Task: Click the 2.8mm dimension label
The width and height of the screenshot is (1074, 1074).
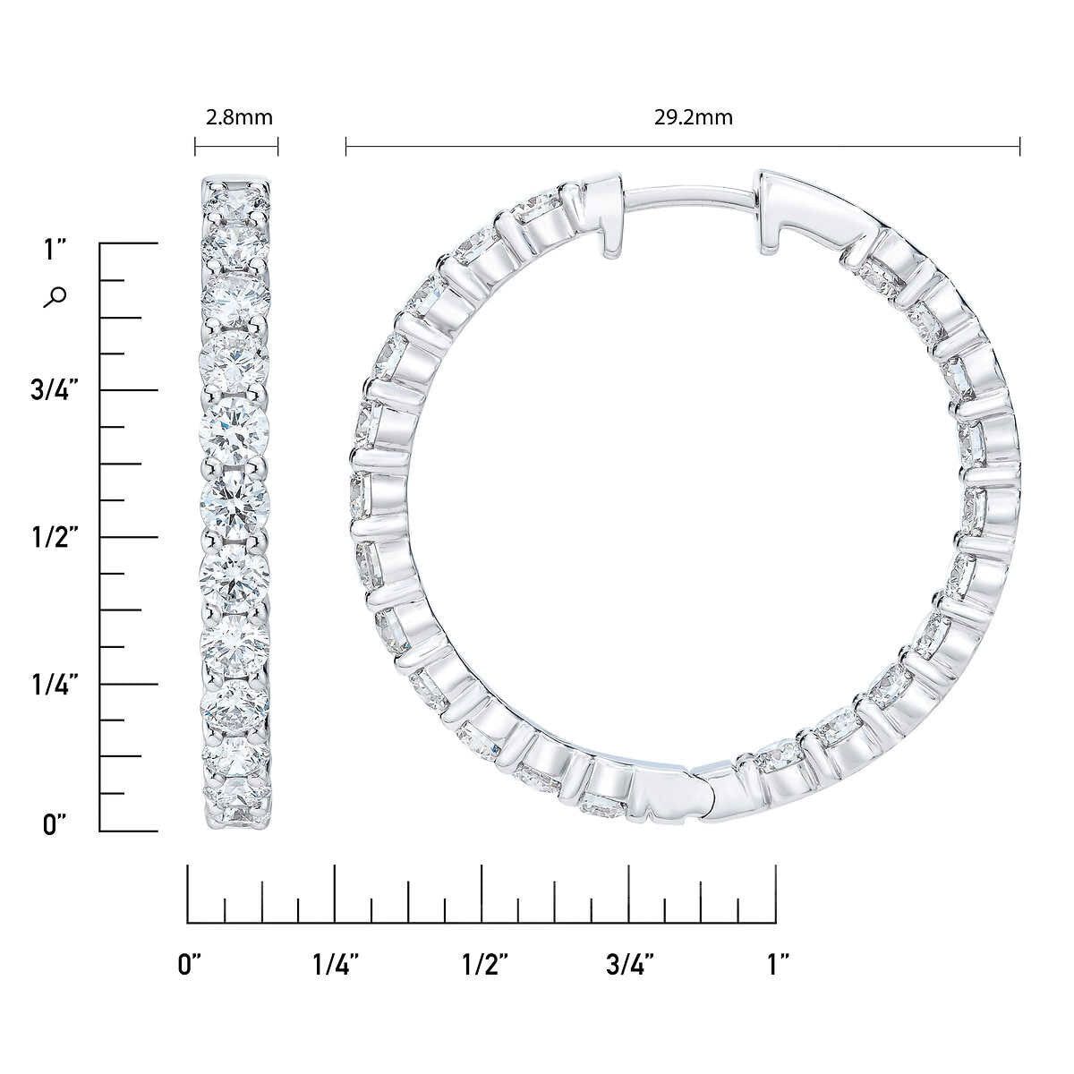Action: [x=236, y=117]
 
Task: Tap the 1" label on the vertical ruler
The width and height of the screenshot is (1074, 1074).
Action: [x=55, y=250]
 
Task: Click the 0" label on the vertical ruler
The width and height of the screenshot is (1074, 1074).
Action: [x=55, y=824]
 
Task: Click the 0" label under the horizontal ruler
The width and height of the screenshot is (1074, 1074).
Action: [x=191, y=965]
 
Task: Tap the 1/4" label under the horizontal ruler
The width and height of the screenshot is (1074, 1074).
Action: [x=337, y=965]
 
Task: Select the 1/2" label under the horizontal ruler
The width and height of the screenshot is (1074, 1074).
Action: [x=484, y=965]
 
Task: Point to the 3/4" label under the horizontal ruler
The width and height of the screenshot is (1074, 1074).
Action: [x=630, y=965]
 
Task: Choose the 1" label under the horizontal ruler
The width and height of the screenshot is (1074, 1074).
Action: [x=778, y=965]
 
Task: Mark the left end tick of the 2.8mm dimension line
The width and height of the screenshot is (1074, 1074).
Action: [x=195, y=146]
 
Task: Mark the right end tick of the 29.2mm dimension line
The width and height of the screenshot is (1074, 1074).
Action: [x=1020, y=146]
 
